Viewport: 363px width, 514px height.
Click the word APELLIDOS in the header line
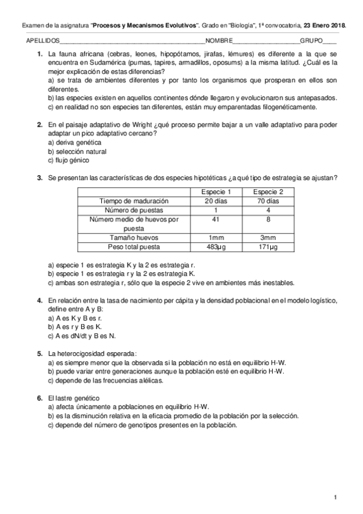pyautogui.click(x=42, y=41)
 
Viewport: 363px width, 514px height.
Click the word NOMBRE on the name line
pyautogui.click(x=218, y=41)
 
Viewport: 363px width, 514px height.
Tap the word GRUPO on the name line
pyautogui.click(x=311, y=41)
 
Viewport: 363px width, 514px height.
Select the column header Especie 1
pyautogui.click(x=216, y=192)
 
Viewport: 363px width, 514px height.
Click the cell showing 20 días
pyautogui.click(x=216, y=201)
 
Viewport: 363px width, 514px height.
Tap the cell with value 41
pyautogui.click(x=216, y=219)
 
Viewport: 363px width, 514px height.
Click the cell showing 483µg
pyautogui.click(x=216, y=247)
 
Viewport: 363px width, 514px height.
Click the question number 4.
pyautogui.click(x=39, y=301)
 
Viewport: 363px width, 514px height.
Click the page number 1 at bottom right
pyautogui.click(x=334, y=497)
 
